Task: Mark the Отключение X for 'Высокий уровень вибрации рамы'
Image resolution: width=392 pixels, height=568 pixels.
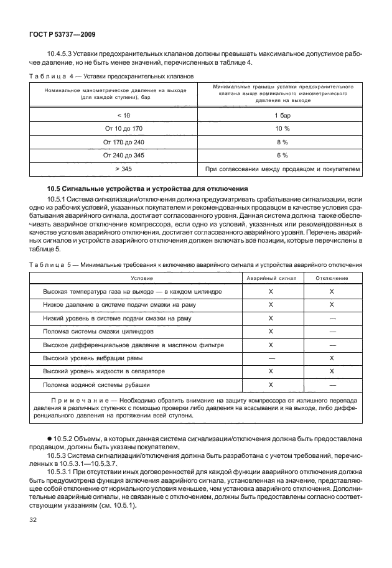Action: pyautogui.click(x=332, y=358)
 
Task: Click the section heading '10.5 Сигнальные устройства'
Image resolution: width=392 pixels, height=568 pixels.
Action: pyautogui.click(x=147, y=188)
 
